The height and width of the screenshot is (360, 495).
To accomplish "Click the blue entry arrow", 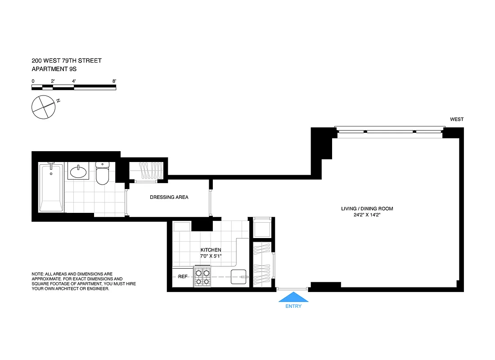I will (x=293, y=297).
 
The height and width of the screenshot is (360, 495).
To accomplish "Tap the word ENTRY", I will (x=293, y=306).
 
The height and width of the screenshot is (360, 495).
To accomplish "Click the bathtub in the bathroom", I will (x=51, y=188).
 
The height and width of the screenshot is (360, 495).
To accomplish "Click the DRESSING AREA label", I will (x=169, y=197).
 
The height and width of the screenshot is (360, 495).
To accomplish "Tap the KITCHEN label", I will (x=211, y=250).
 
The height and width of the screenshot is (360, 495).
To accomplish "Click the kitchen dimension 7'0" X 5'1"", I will (x=211, y=256).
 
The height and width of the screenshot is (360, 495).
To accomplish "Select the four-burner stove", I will (x=202, y=277).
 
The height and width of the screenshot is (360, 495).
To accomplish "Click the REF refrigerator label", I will (x=182, y=277).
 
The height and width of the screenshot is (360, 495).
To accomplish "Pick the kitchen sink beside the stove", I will (x=238, y=277).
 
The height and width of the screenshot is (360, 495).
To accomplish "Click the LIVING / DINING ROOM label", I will (x=367, y=208).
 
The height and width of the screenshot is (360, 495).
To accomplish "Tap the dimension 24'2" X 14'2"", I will (x=367, y=215).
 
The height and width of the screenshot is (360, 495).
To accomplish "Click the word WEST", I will (x=456, y=119).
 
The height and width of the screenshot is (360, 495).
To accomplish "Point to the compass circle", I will (x=43, y=107).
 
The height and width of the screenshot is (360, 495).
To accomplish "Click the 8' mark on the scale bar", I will (x=114, y=81).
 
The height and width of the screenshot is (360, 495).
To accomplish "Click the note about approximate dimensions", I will (x=83, y=281).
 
